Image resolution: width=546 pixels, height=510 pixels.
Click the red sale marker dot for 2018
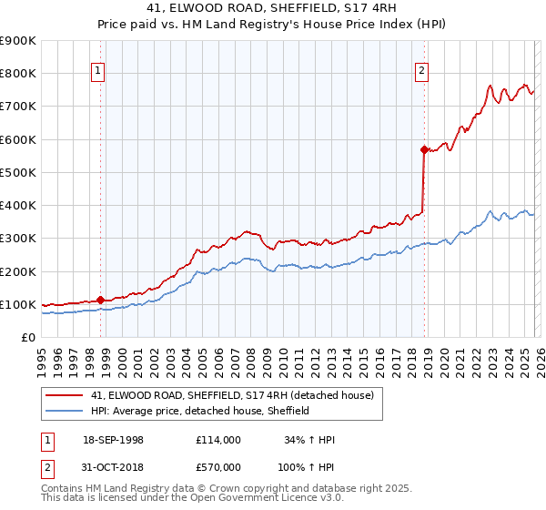pyautogui.click(x=424, y=149)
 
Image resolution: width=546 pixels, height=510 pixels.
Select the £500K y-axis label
pyautogui.click(x=18, y=172)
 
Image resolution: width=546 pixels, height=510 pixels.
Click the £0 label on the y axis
pyautogui.click(x=27, y=337)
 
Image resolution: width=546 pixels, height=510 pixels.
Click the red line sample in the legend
pyautogui.click(x=64, y=394)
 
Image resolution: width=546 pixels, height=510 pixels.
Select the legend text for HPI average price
pyautogui.click(x=200, y=411)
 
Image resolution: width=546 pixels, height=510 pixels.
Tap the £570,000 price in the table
pyautogui.click(x=217, y=467)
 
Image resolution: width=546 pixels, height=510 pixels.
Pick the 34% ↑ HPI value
pyautogui.click(x=310, y=440)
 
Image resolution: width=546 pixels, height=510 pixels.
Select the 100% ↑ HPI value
pyautogui.click(x=308, y=467)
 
